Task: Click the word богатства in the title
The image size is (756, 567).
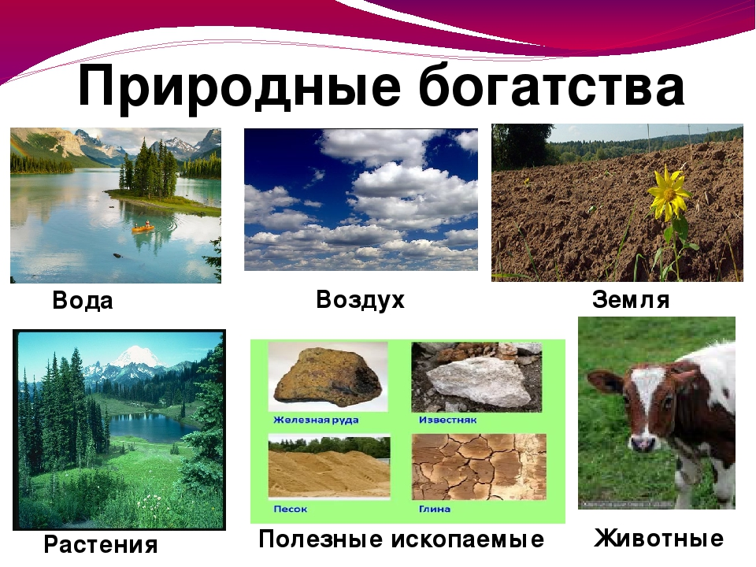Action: pyautogui.click(x=551, y=86)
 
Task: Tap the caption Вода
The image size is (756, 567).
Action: pyautogui.click(x=83, y=300)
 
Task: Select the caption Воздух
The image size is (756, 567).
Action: pyautogui.click(x=360, y=300)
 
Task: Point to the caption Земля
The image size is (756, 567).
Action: pyautogui.click(x=631, y=299)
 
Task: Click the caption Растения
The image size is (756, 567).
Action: pyautogui.click(x=101, y=545)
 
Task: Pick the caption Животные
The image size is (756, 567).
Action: pyautogui.click(x=658, y=538)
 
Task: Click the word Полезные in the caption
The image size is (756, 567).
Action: pyautogui.click(x=321, y=539)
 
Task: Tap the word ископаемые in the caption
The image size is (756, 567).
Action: pyautogui.click(x=467, y=539)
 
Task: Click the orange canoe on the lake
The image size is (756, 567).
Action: pyautogui.click(x=143, y=228)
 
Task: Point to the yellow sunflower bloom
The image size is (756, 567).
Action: pyautogui.click(x=668, y=194)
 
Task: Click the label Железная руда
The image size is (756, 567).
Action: pyautogui.click(x=316, y=420)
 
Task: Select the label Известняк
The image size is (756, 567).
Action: pyautogui.click(x=447, y=420)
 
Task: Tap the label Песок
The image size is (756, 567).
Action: pyautogui.click(x=291, y=510)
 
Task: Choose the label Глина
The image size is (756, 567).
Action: pyautogui.click(x=435, y=510)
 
